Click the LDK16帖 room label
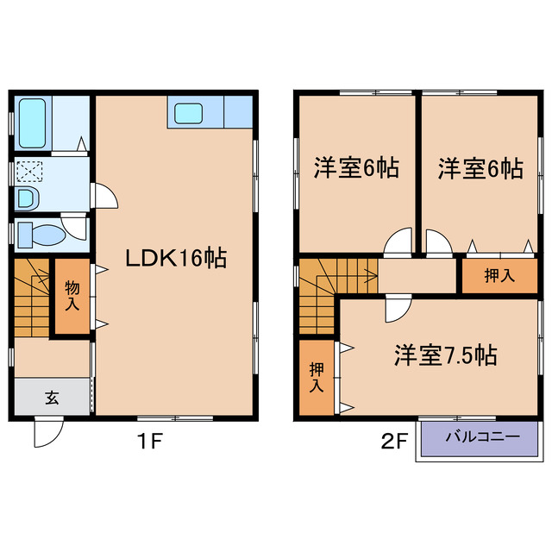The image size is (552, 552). (176, 258)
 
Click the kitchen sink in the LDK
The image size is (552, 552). (188, 114)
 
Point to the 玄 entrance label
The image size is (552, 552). (52, 398)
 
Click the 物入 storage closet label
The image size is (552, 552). (72, 297)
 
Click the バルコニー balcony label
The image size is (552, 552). (482, 437)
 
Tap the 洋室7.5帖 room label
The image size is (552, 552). (445, 354)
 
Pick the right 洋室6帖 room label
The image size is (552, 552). (480, 168)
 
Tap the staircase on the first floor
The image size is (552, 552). (33, 298)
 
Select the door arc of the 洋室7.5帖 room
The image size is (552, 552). (398, 307)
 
